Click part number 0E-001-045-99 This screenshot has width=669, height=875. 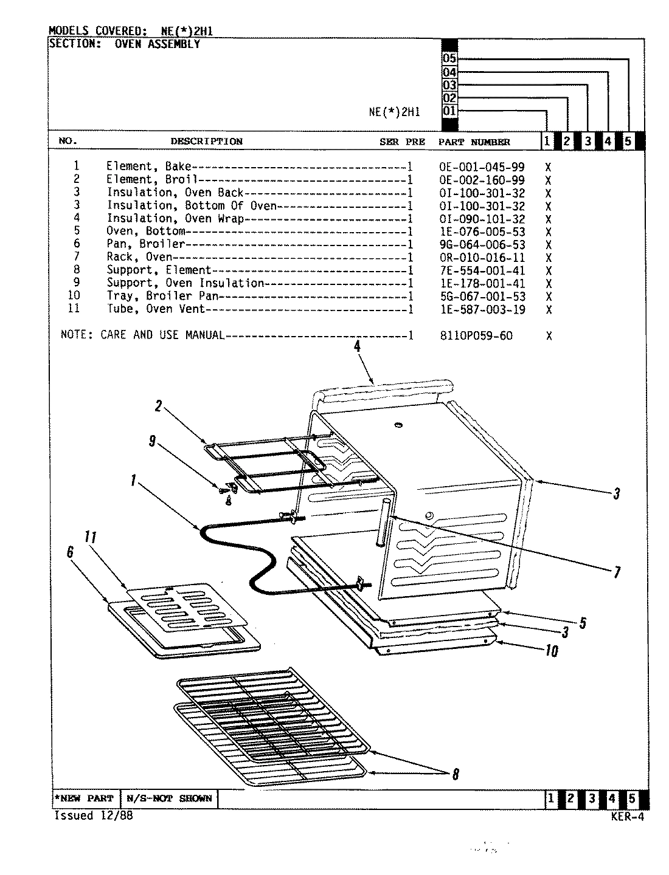tap(481, 167)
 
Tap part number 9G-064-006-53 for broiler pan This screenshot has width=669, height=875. tap(481, 245)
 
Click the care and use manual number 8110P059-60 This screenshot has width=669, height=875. tap(476, 335)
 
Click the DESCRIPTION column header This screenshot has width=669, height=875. tap(206, 142)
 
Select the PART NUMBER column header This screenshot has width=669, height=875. tap(474, 142)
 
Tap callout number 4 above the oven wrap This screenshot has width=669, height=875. tap(357, 347)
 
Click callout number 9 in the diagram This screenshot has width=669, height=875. tap(153, 442)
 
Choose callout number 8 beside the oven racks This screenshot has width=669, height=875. tap(455, 774)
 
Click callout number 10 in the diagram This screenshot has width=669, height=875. tap(550, 651)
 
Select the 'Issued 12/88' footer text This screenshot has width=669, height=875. tap(93, 816)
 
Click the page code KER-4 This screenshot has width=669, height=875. tap(627, 817)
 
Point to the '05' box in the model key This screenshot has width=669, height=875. tap(449, 59)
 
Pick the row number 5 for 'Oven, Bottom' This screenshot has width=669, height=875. tap(77, 231)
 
